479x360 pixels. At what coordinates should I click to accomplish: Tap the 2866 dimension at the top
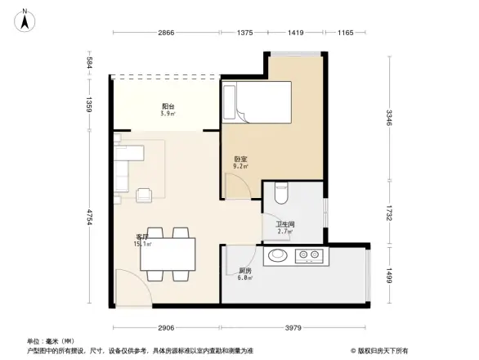pos(166,32)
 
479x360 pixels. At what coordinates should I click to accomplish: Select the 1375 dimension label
pos(245,32)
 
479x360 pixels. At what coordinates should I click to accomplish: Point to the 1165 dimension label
pos(345,32)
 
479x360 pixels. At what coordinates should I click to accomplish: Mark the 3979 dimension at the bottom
pos(295,327)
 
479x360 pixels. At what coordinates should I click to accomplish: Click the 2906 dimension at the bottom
pos(166,327)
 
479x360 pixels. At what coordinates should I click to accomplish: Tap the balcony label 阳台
pos(166,107)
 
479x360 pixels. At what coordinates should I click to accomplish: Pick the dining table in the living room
pos(167,253)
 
